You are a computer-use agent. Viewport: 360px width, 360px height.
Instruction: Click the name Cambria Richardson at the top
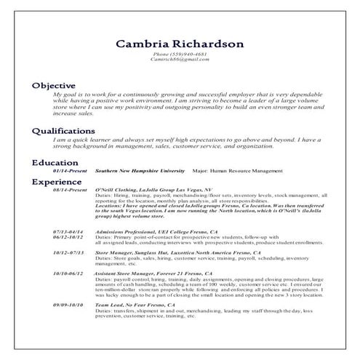point(180,44)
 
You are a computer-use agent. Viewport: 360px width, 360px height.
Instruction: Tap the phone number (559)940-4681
point(180,55)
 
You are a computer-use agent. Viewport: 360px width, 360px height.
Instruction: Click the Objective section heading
point(52,86)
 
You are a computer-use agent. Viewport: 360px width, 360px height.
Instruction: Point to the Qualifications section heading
point(63,131)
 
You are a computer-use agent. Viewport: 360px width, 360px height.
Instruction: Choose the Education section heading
point(55,163)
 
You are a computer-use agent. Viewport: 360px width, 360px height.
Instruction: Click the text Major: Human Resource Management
point(238,171)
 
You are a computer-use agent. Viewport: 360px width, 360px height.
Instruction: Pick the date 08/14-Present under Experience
point(68,188)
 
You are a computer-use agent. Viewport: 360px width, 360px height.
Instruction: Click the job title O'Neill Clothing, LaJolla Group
point(154,188)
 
